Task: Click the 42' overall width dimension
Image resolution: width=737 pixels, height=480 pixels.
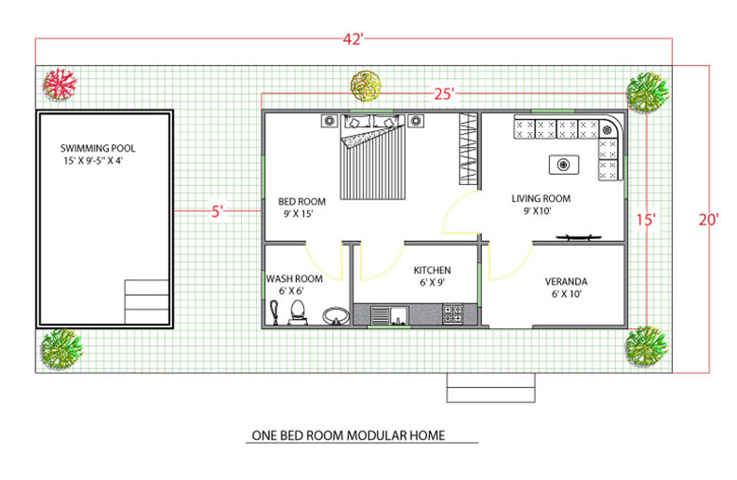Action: [x=353, y=39]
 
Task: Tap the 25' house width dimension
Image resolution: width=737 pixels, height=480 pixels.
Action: [x=444, y=94]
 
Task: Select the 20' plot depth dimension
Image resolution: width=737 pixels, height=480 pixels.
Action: [x=708, y=220]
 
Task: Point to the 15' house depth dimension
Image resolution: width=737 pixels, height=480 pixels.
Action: [x=646, y=220]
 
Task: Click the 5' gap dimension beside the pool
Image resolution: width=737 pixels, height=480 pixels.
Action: [x=217, y=211]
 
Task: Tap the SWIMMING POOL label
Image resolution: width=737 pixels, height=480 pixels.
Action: [x=98, y=149]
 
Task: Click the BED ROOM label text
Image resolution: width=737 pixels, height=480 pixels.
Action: [x=301, y=202]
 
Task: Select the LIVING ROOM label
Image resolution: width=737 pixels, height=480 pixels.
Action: [x=541, y=199]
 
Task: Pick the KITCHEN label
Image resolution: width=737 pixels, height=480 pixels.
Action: [x=432, y=270]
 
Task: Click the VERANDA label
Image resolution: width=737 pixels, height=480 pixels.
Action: [x=566, y=281]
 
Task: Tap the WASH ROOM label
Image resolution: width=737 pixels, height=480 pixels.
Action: [x=294, y=278]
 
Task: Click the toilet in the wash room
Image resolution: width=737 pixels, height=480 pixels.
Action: [x=298, y=313]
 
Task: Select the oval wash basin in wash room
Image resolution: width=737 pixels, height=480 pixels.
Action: [x=336, y=316]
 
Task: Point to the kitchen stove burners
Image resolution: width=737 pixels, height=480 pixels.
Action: [x=453, y=314]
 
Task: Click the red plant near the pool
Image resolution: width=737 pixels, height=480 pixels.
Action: [x=60, y=85]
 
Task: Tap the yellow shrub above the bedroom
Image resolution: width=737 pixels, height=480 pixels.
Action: [x=366, y=86]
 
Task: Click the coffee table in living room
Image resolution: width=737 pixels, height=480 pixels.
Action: [x=564, y=165]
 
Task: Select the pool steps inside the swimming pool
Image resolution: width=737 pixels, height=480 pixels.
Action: [x=147, y=301]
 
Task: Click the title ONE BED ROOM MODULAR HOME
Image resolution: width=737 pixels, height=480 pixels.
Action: [x=348, y=435]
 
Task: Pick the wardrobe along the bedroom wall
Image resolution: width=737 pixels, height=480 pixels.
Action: [x=468, y=149]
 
